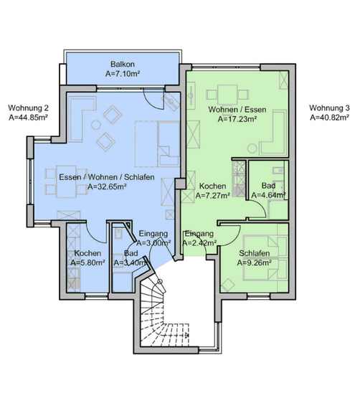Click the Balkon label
[123, 64]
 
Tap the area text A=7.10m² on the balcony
[123, 74]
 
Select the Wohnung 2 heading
[29, 108]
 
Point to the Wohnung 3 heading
[329, 108]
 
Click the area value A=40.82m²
[330, 118]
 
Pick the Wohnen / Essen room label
[237, 110]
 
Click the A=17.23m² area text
[237, 119]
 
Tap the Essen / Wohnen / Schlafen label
[107, 177]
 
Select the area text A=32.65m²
[107, 186]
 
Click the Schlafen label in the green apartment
[254, 253]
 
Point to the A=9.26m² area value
[254, 262]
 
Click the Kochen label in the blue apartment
[87, 253]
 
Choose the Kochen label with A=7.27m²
[212, 186]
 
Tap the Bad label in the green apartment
[268, 186]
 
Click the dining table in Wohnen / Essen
[227, 95]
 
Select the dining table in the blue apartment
[66, 181]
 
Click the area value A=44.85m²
[29, 118]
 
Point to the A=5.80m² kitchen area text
[87, 262]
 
